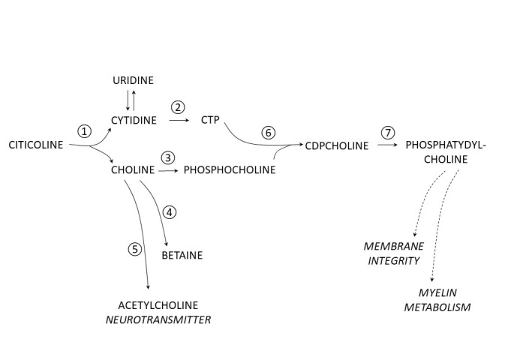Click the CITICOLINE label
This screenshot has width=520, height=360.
pyautogui.click(x=35, y=144)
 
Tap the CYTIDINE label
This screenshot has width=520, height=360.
pyautogui.click(x=134, y=120)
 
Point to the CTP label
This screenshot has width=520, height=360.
pyautogui.click(x=209, y=120)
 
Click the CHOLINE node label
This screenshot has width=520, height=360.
pyautogui.click(x=132, y=170)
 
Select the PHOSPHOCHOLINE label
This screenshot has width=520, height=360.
pyautogui.click(x=230, y=170)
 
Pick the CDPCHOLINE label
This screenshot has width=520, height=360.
pyautogui.click(x=337, y=145)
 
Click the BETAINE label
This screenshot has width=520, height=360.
pyautogui.click(x=182, y=255)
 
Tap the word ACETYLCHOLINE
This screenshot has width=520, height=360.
pyautogui.click(x=158, y=304)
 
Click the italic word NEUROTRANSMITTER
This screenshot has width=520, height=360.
pyautogui.click(x=165, y=319)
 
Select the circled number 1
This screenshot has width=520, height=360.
pyautogui.click(x=84, y=130)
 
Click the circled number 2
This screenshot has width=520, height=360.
pyautogui.click(x=178, y=106)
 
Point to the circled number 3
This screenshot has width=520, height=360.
pyautogui.click(x=168, y=157)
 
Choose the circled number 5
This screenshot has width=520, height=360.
pyautogui.click(x=135, y=250)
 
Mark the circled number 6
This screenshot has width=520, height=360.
pyautogui.click(x=269, y=132)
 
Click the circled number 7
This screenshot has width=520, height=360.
pyautogui.click(x=387, y=132)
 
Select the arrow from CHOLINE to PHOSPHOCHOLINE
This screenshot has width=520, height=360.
pyautogui.click(x=169, y=170)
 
